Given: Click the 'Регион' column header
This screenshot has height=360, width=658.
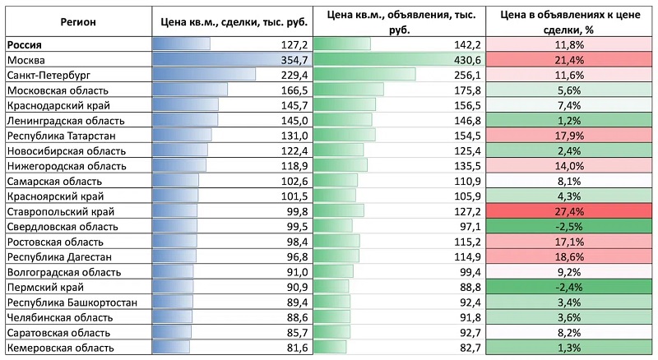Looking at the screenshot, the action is point(78,22).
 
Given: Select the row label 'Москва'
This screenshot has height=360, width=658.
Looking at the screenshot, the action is point(26,60).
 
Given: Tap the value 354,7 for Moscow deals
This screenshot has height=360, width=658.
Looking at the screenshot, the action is point(294,60).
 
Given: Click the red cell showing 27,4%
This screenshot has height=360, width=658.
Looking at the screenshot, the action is point(568,211).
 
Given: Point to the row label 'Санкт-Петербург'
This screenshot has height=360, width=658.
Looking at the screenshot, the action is point(49,76).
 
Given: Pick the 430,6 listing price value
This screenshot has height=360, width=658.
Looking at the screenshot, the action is point(467,60).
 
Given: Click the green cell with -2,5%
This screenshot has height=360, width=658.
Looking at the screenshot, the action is point(568,227).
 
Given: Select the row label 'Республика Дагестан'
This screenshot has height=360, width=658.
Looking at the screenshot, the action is point(59,256).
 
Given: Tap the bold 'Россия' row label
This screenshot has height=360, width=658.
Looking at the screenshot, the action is point(25,45).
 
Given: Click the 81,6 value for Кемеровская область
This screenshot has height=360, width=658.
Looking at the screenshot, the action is point(297,348).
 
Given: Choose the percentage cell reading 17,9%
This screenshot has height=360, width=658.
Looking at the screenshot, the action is point(568,136).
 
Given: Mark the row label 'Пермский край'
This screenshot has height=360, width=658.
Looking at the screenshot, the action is point(45,288).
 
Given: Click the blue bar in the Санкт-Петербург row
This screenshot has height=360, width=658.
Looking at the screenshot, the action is point(204,75).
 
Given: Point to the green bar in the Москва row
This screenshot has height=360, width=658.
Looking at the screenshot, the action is point(399,59).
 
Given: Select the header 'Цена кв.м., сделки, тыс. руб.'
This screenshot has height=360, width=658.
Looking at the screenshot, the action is point(234,22).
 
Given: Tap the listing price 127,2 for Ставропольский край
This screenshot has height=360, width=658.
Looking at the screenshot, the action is point(467,211).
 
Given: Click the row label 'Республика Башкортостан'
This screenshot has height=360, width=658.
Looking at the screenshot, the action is point(72,302).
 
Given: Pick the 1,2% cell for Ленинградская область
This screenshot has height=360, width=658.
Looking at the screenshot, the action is point(568,121).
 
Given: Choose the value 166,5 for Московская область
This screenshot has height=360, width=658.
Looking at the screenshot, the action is point(294,90).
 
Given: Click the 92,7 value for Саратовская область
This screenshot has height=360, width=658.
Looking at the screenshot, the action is point(470,333).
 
